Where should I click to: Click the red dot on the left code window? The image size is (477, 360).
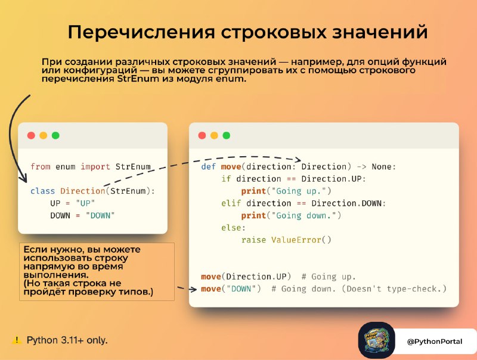coord(31,135)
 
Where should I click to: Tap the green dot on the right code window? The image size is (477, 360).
coord(227,135)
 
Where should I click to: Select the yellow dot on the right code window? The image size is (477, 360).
coord(214,135)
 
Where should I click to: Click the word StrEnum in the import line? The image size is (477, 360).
coord(133,167)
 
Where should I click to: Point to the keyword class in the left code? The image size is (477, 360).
coord(42,191)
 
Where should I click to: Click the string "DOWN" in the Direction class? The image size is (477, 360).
coord(100,216)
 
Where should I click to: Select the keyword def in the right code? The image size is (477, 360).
coord(208,167)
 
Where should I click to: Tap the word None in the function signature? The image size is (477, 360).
coord(382,167)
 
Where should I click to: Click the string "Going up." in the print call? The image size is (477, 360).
coord(299,191)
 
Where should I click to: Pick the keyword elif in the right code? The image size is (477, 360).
coord(231,203)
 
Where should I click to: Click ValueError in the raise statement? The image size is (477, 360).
coord(296,240)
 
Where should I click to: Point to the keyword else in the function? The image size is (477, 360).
coord(231,228)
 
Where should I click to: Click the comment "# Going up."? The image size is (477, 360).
coord(329,277)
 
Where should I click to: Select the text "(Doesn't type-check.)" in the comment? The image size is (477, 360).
coord(394,289)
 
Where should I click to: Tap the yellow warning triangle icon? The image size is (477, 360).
coord(17,340)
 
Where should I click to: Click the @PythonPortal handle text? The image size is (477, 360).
coord(435,342)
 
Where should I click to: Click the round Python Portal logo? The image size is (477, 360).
coord(377,340)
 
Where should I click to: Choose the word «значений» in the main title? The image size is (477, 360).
coord(380,32)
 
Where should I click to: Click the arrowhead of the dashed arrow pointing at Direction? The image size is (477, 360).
coord(298,160)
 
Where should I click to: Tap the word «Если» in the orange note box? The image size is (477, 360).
coord(35,250)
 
